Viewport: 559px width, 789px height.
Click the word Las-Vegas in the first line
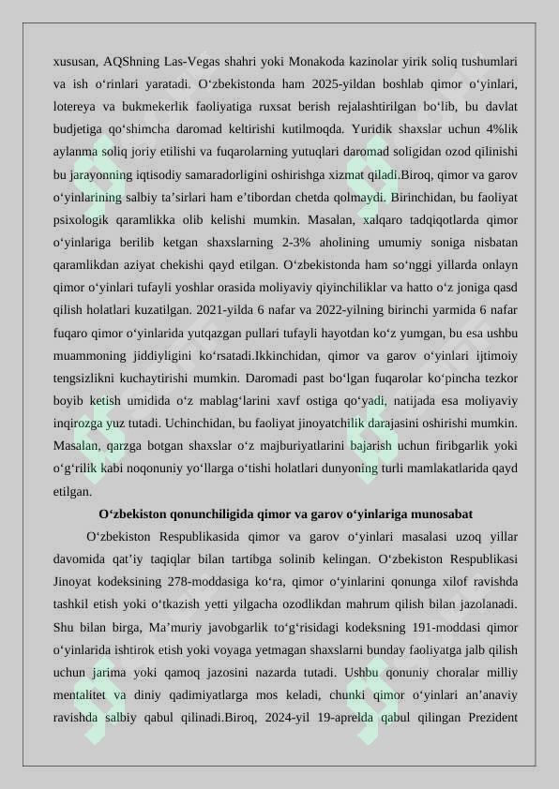point(190,62)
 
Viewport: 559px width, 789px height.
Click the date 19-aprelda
point(327,718)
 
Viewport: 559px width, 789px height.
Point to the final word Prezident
point(489,718)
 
